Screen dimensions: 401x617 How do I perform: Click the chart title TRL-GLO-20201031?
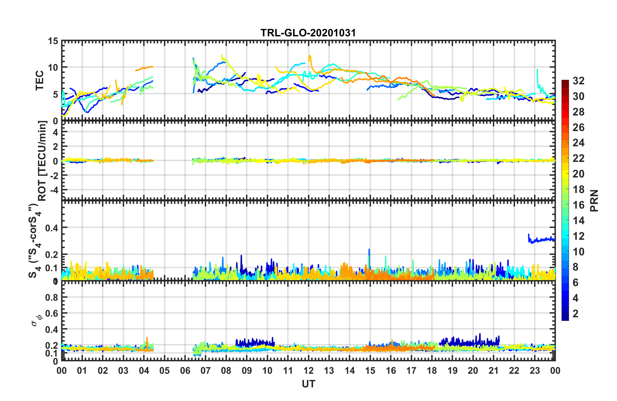click(x=308, y=33)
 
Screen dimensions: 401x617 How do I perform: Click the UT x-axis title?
click(x=308, y=384)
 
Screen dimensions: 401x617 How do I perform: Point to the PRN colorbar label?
click(x=594, y=200)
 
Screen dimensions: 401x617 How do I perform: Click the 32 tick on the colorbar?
click(x=578, y=81)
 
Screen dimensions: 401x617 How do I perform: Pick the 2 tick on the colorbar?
click(x=575, y=314)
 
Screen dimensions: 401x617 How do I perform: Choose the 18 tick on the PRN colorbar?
click(x=578, y=189)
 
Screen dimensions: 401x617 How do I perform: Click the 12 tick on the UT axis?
click(x=308, y=371)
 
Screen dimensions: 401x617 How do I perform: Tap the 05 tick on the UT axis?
click(x=164, y=371)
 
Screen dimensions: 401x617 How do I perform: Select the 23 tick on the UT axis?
click(x=535, y=371)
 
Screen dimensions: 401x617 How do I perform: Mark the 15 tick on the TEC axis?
click(x=53, y=41)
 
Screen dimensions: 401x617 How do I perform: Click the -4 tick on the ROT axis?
click(x=54, y=189)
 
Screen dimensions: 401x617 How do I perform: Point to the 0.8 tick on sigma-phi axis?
click(x=52, y=297)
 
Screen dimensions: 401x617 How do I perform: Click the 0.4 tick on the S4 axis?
click(x=52, y=228)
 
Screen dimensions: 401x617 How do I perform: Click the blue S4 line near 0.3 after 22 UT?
click(x=542, y=240)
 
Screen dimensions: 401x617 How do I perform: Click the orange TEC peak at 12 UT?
click(x=309, y=56)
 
